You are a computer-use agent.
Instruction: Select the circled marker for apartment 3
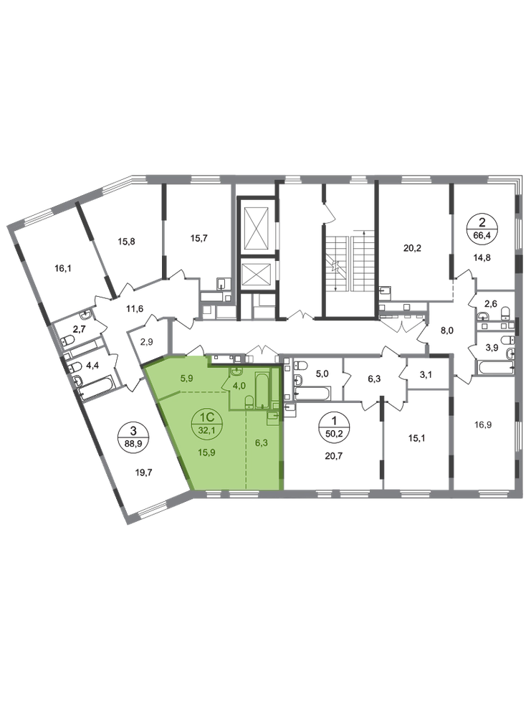[133, 436]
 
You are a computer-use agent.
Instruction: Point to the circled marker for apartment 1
[333, 426]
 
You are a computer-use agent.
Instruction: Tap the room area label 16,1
[64, 268]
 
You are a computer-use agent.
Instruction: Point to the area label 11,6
[135, 308]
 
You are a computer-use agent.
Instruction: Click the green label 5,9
[187, 378]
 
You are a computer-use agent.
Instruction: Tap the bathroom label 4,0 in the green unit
[239, 386]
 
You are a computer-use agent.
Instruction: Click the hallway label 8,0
[446, 331]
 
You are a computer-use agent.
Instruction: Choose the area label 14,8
[481, 257]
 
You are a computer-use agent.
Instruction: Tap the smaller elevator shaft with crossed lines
[257, 274]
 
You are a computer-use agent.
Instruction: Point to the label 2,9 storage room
[146, 342]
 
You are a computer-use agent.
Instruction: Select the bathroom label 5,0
[322, 374]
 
